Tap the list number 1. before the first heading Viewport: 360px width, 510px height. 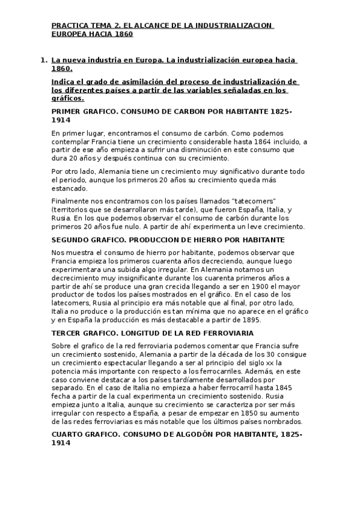click(43, 60)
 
